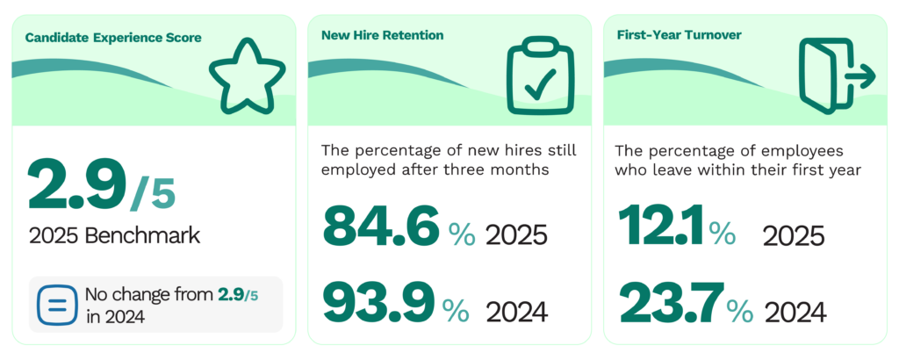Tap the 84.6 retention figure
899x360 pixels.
(x=379, y=227)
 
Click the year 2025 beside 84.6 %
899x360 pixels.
(x=516, y=235)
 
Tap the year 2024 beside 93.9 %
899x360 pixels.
(x=516, y=311)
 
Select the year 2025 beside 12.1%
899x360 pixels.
(x=794, y=235)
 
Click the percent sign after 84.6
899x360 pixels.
(x=461, y=234)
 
